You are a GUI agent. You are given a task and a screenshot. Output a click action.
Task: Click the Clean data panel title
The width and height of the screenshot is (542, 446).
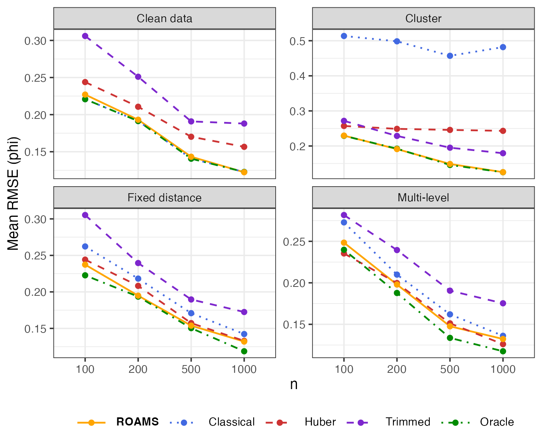tap(164, 19)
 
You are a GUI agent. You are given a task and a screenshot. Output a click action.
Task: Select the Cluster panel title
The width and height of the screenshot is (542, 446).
tap(423, 19)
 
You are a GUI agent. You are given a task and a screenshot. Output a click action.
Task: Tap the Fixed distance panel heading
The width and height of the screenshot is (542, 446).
tap(164, 198)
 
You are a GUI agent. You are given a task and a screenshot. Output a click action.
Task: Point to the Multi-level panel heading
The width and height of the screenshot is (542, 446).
tap(423, 198)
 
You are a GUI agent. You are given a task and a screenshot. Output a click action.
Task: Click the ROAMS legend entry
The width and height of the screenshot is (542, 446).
tap(137, 422)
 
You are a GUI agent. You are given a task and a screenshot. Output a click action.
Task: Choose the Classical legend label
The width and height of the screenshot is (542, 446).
tap(232, 422)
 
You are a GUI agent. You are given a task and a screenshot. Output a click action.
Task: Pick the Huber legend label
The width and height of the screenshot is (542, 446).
tap(320, 422)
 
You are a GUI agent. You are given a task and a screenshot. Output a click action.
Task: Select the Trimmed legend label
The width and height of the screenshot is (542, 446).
tap(408, 422)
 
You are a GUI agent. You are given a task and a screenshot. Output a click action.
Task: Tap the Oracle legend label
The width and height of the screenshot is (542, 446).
tap(497, 422)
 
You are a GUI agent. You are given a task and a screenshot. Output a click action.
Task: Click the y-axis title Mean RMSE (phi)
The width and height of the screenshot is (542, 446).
tap(13, 194)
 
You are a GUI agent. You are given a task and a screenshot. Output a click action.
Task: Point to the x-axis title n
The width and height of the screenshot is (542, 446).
tap(294, 384)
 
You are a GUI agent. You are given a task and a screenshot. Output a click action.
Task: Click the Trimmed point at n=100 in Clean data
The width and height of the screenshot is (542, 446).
tap(85, 36)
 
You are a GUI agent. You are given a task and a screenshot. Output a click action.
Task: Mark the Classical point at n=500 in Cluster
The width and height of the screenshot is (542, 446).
tap(450, 56)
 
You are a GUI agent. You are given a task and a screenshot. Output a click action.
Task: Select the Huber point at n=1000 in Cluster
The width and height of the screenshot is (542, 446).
tap(503, 131)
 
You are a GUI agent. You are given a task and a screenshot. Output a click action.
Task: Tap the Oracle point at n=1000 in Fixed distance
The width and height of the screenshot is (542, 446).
tap(244, 351)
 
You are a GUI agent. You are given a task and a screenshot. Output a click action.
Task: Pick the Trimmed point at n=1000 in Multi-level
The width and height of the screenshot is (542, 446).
tap(503, 303)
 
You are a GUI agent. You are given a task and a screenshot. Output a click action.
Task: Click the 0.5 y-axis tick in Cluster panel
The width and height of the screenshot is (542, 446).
tap(298, 41)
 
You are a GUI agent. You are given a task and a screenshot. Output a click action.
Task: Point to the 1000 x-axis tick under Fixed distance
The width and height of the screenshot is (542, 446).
tap(244, 369)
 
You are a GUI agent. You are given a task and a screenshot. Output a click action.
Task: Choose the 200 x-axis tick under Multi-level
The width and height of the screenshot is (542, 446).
tap(397, 369)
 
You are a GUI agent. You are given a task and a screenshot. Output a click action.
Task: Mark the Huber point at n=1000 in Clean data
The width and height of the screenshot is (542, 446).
tap(244, 147)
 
